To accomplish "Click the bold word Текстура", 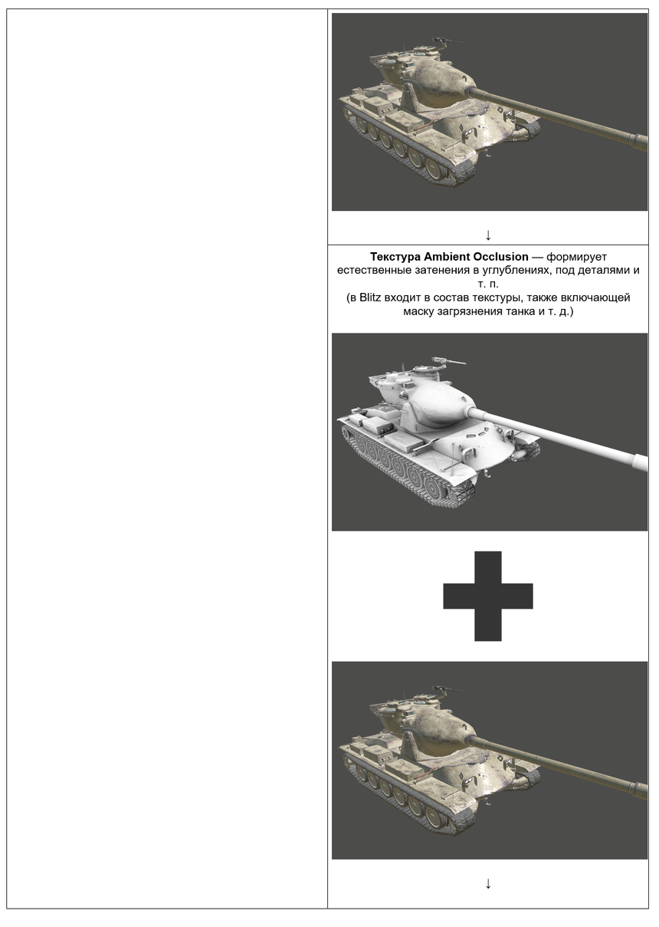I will (396, 257).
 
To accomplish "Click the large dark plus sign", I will (488, 596).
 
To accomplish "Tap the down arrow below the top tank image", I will (488, 235).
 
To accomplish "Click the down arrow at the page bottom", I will (488, 884).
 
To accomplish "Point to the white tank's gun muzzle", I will (639, 462).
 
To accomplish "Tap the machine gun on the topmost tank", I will (444, 41).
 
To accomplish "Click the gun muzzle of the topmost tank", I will (639, 143).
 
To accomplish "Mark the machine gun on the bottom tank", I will (444, 689).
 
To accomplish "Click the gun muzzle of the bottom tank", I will (639, 791).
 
